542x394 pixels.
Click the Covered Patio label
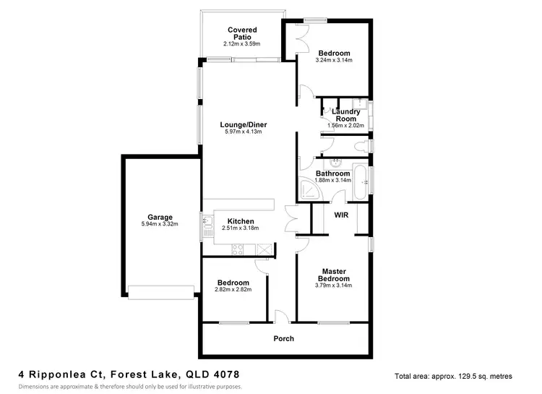[243, 34]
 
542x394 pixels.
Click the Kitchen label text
[240, 220]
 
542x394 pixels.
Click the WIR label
[341, 215]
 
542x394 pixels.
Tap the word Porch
[283, 338]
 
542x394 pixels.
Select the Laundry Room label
[345, 114]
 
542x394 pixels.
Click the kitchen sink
[207, 220]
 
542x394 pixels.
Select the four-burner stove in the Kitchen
[237, 250]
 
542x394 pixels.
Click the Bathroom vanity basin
[335, 163]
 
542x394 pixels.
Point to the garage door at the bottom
[160, 291]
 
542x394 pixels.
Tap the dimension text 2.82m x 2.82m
[232, 290]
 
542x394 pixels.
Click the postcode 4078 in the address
[226, 374]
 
